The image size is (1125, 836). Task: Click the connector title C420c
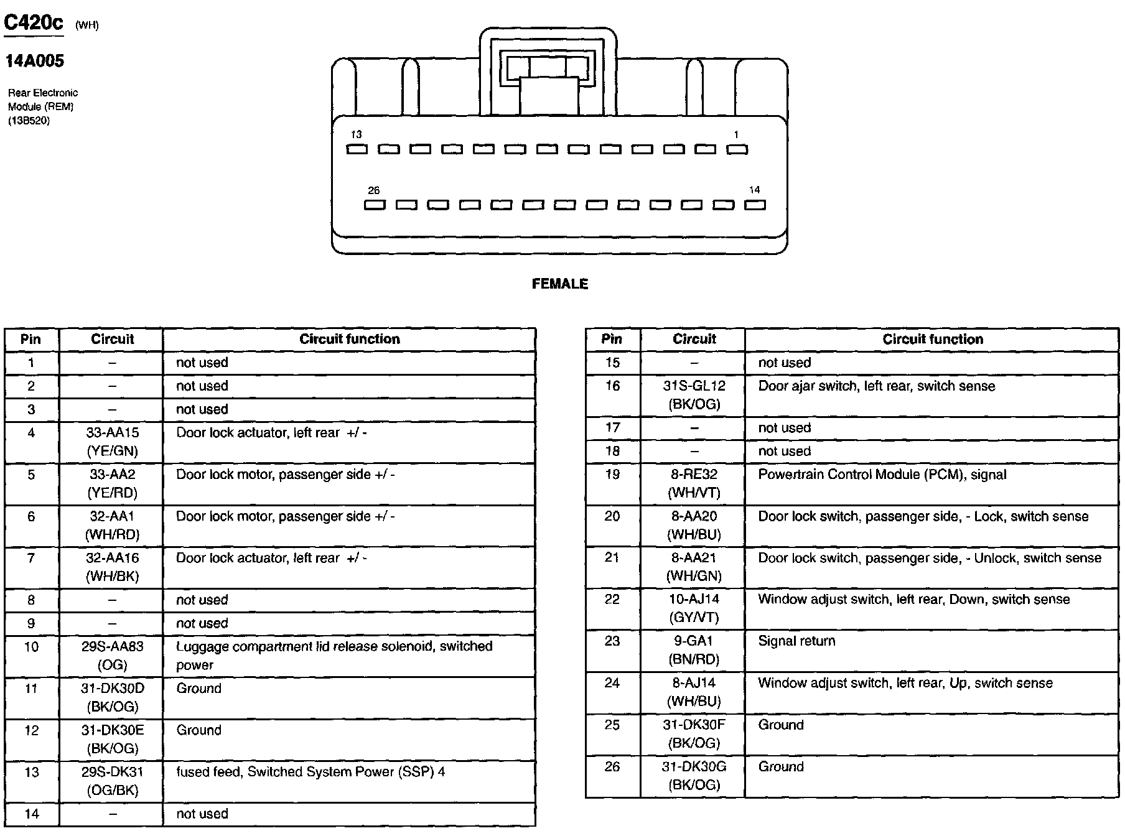point(34,23)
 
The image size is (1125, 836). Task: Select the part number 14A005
point(35,61)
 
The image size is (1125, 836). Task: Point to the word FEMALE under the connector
point(559,284)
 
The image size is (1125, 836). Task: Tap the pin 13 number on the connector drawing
point(356,134)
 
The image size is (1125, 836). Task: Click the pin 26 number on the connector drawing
point(373,190)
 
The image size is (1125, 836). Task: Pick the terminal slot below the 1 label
point(737,149)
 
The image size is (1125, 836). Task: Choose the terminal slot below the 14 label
point(755,205)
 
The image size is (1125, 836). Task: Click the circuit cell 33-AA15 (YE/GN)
point(112,442)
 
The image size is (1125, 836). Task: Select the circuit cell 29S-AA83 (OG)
point(112,656)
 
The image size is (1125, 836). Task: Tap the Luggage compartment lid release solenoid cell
point(334,656)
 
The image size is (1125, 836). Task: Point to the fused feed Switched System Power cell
point(310,772)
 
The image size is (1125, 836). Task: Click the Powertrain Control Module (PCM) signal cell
point(882,475)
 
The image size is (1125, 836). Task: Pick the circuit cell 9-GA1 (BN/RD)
point(693,650)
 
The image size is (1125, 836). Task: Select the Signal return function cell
point(796,641)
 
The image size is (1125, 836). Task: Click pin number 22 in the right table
point(612,600)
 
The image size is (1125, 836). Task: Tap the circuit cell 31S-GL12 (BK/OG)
point(694,395)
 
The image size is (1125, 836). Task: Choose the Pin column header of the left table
point(30,339)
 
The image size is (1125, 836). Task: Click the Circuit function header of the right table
point(932,339)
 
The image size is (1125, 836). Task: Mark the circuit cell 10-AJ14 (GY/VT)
point(694,608)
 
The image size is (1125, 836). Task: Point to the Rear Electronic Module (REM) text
point(42,100)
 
